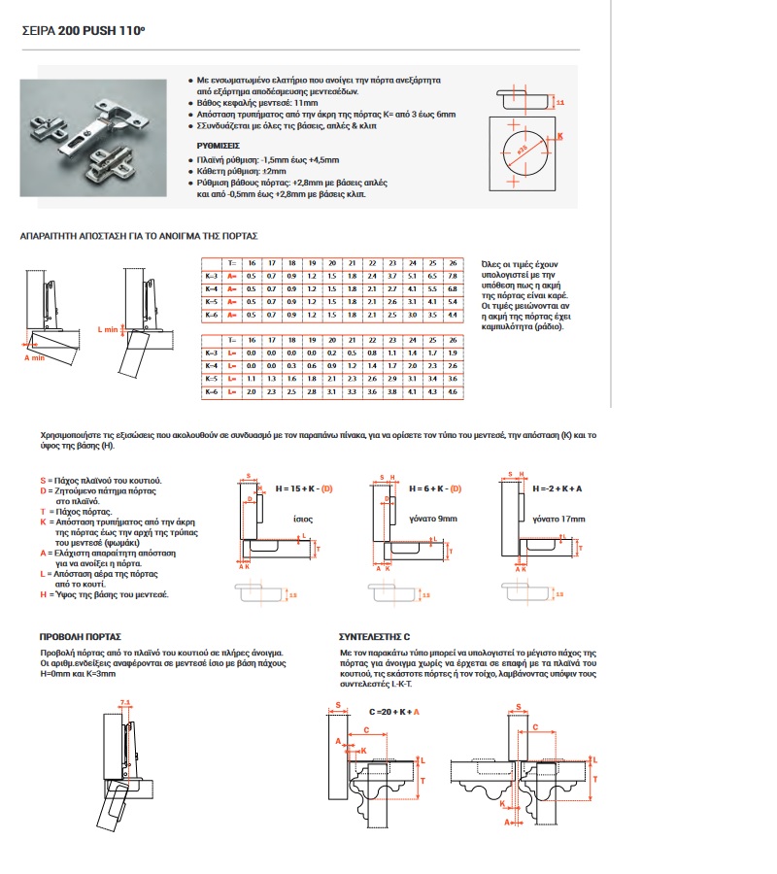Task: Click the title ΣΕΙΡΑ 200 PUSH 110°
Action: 83,31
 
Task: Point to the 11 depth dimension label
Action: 559,101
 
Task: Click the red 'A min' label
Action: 36,357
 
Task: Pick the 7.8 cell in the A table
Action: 452,276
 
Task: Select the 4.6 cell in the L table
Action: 452,390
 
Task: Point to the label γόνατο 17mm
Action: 563,520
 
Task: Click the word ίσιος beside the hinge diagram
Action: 303,520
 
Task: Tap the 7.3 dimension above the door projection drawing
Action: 124,701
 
